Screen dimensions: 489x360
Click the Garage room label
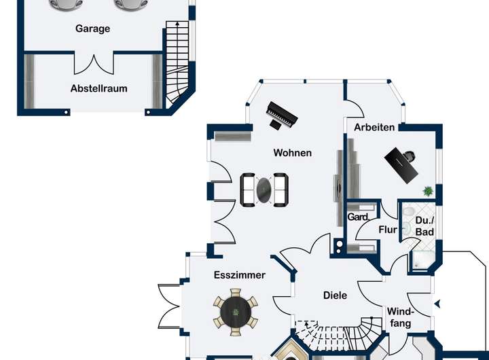click(x=92, y=29)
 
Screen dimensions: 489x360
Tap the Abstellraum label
click(x=98, y=88)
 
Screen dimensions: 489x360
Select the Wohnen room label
click(x=293, y=153)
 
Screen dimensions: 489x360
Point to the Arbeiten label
click(x=374, y=127)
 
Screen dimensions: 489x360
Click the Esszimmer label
click(x=239, y=275)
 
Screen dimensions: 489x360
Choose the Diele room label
click(x=335, y=295)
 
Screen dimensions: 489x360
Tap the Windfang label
click(x=400, y=317)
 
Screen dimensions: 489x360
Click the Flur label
click(x=388, y=230)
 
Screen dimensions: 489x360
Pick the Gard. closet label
click(x=358, y=217)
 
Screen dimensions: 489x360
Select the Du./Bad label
click(x=424, y=227)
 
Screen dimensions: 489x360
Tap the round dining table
click(x=236, y=312)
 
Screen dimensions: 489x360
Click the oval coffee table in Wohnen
click(x=264, y=190)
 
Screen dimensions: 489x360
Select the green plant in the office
click(x=428, y=191)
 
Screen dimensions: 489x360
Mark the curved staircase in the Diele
click(x=336, y=335)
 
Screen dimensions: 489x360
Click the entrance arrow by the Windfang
click(x=437, y=303)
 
